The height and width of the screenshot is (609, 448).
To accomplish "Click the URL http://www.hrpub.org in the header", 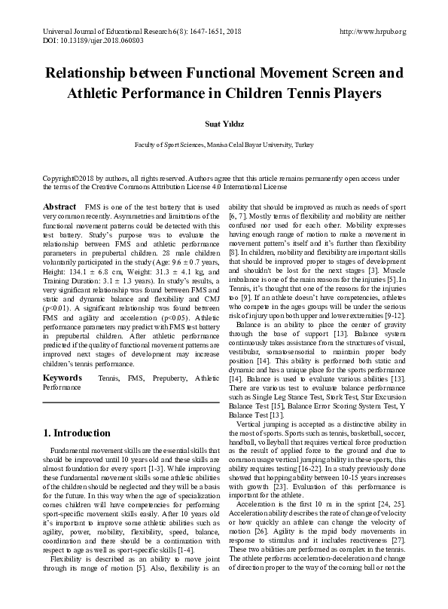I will [x=373, y=32].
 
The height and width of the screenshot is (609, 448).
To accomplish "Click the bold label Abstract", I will [x=59, y=206].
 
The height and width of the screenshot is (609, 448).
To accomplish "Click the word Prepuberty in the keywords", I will [x=163, y=376].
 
